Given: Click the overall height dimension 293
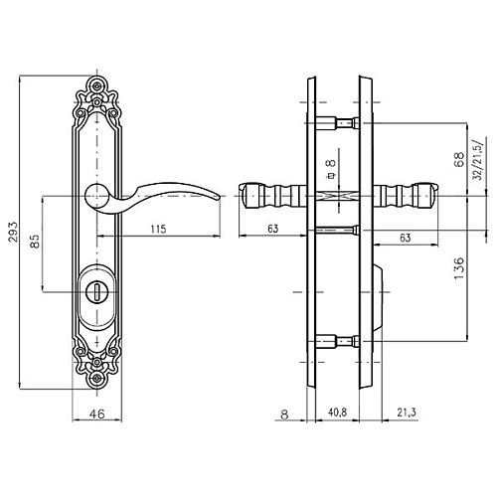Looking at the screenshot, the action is click(x=14, y=232).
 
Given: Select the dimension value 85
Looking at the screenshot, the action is click(x=35, y=242).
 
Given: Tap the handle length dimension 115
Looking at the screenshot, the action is click(x=158, y=229).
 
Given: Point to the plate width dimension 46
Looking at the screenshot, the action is click(x=97, y=414).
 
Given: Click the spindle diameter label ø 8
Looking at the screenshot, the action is click(x=331, y=169).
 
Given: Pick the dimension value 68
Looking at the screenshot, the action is click(x=459, y=159).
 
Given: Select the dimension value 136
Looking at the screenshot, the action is click(x=459, y=267).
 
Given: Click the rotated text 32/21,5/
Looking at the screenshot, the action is click(x=479, y=159).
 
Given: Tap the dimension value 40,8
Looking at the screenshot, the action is click(x=337, y=413).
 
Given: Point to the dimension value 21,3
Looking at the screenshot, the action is click(x=407, y=413).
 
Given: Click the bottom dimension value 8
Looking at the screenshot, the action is click(x=284, y=414).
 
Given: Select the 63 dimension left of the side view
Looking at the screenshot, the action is click(x=272, y=229).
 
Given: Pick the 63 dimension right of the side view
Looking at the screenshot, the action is click(x=406, y=238).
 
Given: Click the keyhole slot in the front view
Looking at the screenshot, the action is click(x=96, y=292).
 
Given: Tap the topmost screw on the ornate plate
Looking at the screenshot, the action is click(x=96, y=85).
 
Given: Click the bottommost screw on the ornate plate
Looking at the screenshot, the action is click(x=96, y=378).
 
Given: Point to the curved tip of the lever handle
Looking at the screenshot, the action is click(x=219, y=198).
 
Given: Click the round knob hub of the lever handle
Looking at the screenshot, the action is click(x=96, y=196).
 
